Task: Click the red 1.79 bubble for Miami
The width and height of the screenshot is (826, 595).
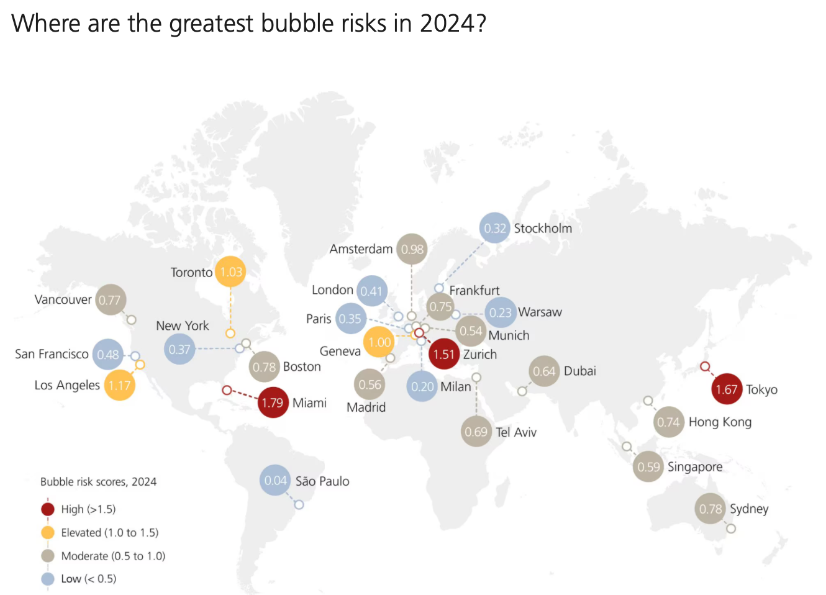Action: click(x=273, y=402)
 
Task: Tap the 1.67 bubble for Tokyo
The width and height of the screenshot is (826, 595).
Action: click(x=727, y=389)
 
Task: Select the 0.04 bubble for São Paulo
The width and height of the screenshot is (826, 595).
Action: click(x=275, y=480)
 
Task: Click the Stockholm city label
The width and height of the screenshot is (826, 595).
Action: click(x=543, y=228)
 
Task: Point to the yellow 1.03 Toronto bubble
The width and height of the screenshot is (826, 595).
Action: click(x=230, y=272)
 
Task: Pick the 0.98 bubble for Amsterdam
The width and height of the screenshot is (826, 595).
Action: click(x=412, y=249)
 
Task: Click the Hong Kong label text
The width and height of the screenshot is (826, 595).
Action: click(x=720, y=422)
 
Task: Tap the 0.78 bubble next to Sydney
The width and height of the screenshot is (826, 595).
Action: click(x=710, y=509)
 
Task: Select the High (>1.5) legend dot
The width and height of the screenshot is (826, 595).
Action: click(x=48, y=509)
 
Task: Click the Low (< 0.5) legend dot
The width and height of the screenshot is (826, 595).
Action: click(x=48, y=579)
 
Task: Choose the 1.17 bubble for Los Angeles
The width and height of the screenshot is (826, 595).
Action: click(x=120, y=385)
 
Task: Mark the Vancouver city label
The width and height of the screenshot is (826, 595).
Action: click(x=63, y=299)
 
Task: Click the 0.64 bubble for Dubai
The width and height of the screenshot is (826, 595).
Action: click(x=544, y=371)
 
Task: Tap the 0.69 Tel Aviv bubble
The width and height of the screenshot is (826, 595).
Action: click(x=476, y=432)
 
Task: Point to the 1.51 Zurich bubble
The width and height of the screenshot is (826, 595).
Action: click(x=444, y=355)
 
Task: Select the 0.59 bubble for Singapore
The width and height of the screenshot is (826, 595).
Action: click(x=648, y=467)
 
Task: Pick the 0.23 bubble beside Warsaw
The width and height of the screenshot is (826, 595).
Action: click(x=501, y=312)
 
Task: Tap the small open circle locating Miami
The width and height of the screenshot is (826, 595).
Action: click(x=227, y=390)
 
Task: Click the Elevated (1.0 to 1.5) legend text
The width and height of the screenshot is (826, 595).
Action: click(x=109, y=533)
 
